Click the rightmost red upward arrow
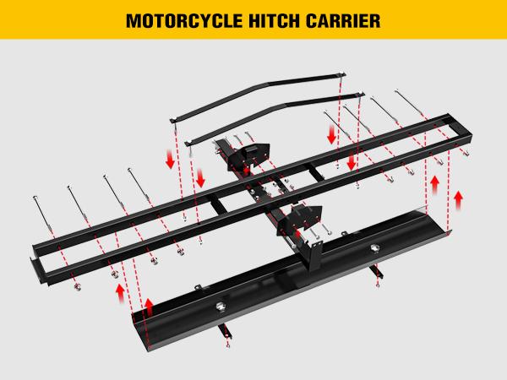pos(460,199)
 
